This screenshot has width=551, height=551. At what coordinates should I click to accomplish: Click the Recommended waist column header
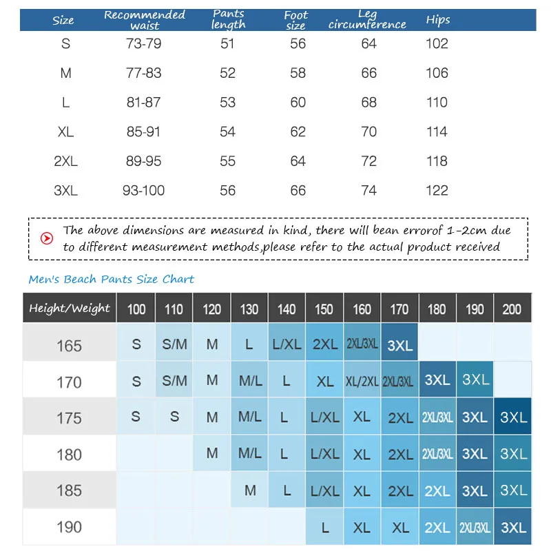(x=145, y=20)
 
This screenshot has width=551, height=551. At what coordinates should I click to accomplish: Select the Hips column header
(x=437, y=19)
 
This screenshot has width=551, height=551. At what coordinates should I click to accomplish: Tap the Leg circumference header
(x=367, y=20)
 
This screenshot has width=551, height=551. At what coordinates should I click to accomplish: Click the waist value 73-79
(x=143, y=43)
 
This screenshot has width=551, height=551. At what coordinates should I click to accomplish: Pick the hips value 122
(x=437, y=190)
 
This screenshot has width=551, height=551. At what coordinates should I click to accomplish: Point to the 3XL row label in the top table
(x=65, y=190)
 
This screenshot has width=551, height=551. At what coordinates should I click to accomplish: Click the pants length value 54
(x=227, y=132)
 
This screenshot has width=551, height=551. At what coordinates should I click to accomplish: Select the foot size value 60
(x=298, y=102)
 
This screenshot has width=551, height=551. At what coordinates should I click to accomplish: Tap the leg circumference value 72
(x=369, y=161)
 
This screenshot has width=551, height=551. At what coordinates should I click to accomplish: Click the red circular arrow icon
(x=47, y=238)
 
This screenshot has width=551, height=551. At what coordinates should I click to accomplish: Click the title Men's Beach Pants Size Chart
(x=111, y=279)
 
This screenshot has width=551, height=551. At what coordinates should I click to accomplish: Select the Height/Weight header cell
(x=69, y=309)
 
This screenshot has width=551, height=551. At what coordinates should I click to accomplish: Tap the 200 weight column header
(x=512, y=309)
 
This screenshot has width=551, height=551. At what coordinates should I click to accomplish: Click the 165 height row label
(x=69, y=345)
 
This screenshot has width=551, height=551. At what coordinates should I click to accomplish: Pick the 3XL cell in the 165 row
(x=399, y=345)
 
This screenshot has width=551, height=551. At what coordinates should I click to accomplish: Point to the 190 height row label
(x=69, y=527)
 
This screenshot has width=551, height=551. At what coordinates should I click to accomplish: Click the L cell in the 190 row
(x=324, y=528)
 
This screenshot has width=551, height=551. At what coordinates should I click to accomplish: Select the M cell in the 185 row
(x=249, y=490)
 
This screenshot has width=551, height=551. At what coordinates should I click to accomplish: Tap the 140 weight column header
(x=287, y=309)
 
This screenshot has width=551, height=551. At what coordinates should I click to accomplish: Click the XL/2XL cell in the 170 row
(x=362, y=381)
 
